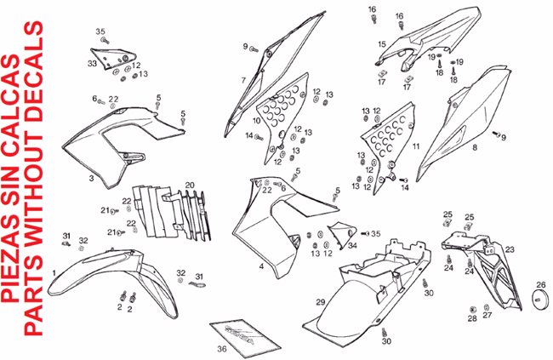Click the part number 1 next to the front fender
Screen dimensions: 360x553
(x=54, y=272)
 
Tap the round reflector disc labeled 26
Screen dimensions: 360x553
(x=539, y=298)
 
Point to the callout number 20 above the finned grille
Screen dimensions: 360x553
(x=191, y=185)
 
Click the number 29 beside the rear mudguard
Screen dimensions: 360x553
(x=321, y=302)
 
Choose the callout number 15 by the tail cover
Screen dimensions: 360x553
(x=382, y=43)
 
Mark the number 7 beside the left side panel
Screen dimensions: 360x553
(x=242, y=80)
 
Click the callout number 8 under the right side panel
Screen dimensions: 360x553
(x=475, y=147)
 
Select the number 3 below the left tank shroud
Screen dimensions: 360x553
(x=91, y=179)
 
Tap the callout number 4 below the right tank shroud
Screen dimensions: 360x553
(x=261, y=266)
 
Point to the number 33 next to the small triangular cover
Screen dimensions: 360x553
(x=91, y=63)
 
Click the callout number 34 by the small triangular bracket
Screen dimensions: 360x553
(x=352, y=245)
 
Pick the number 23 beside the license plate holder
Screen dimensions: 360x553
(x=510, y=249)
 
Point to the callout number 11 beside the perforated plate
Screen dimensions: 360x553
(x=416, y=146)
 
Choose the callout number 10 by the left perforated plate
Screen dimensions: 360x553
(x=257, y=122)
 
